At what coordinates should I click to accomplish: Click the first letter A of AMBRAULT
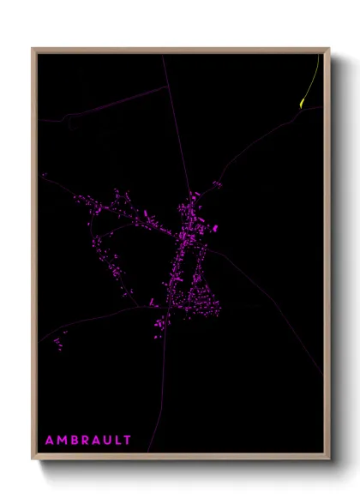click(49, 441)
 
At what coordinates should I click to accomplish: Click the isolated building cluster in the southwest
click(58, 344)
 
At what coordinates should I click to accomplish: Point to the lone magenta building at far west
click(43, 176)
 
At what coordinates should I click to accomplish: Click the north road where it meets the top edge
click(162, 56)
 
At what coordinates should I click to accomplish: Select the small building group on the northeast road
click(218, 183)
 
